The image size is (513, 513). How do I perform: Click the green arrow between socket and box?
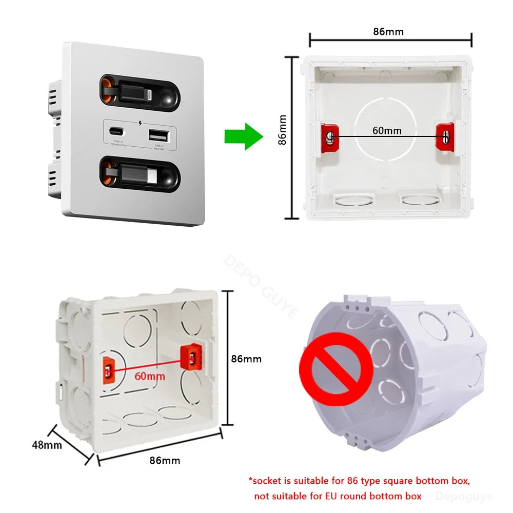(x=243, y=136)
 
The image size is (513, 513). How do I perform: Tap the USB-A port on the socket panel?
(x=157, y=136)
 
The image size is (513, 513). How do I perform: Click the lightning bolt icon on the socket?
(x=141, y=124)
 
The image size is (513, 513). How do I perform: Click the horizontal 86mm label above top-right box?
(x=388, y=32)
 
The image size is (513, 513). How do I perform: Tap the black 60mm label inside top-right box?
(x=387, y=130)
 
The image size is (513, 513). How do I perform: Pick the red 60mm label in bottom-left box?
(x=150, y=376)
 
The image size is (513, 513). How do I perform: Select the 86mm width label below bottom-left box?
(x=165, y=460)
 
